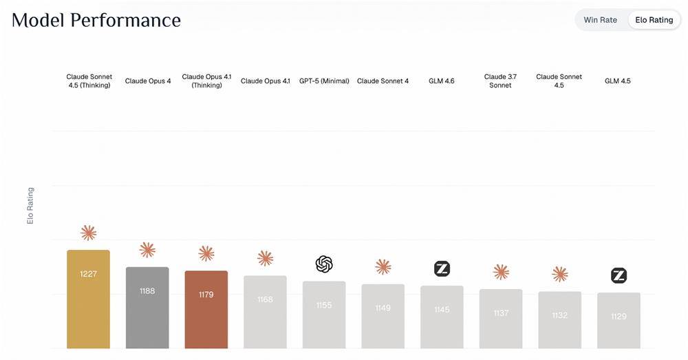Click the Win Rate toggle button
(x=600, y=20)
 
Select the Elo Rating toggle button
(x=654, y=20)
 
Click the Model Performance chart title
(x=96, y=21)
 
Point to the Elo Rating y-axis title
(x=30, y=205)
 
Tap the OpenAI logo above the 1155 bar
(x=324, y=264)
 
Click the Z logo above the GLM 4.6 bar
(x=442, y=269)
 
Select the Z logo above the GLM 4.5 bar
(x=619, y=276)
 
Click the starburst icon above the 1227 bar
(x=88, y=233)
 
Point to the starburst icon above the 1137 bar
(x=501, y=272)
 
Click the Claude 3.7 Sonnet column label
(x=500, y=81)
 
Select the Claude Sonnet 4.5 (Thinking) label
(x=89, y=81)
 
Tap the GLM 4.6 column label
(x=442, y=81)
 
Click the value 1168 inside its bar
(x=265, y=299)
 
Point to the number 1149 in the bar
(x=383, y=308)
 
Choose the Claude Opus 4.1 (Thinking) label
(x=206, y=81)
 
